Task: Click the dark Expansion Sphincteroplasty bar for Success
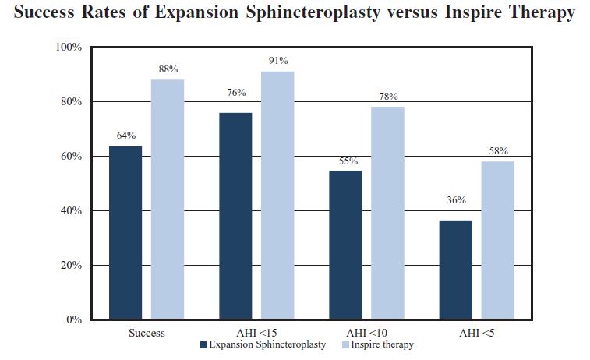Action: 125,232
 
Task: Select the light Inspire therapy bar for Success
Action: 168,199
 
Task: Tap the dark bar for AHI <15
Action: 235,216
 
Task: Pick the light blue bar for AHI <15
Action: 277,196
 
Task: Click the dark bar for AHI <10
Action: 346,245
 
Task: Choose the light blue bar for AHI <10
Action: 387,213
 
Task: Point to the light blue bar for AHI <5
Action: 498,240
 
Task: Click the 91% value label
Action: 278,61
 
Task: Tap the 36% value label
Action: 456,200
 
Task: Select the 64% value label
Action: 126,135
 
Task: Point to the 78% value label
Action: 388,97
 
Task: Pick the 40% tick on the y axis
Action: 72,211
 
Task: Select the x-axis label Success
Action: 147,333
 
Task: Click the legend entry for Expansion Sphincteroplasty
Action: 263,344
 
